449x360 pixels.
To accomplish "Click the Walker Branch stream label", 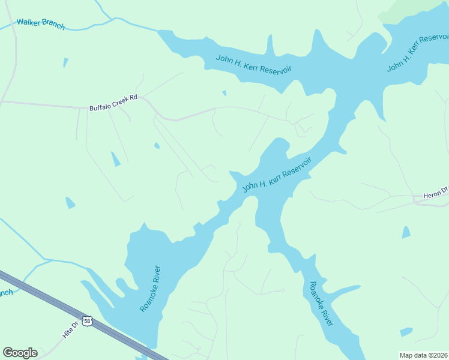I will pyautogui.click(x=40, y=24).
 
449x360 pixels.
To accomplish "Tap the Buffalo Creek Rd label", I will pyautogui.click(x=113, y=102).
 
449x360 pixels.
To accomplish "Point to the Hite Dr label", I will pyautogui.click(x=71, y=329).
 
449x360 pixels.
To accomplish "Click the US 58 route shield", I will pyautogui.click(x=88, y=321).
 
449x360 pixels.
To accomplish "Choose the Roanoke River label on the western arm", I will pyautogui.click(x=151, y=288).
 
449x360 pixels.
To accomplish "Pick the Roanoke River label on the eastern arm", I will pyautogui.click(x=321, y=304).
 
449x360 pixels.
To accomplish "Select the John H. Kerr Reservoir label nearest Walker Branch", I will pyautogui.click(x=254, y=64).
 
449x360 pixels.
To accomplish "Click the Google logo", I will pyautogui.click(x=20, y=353).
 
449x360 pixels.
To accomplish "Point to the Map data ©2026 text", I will pyautogui.click(x=423, y=355).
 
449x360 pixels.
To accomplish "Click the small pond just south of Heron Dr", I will pyautogui.click(x=406, y=232).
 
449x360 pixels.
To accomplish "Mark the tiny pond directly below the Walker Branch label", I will pyautogui.click(x=65, y=62).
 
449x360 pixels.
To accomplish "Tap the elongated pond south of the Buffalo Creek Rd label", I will pyautogui.click(x=115, y=159).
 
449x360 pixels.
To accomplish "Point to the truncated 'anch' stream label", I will pyautogui.click(x=6, y=293).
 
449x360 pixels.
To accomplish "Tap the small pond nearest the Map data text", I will pyautogui.click(x=406, y=332).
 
